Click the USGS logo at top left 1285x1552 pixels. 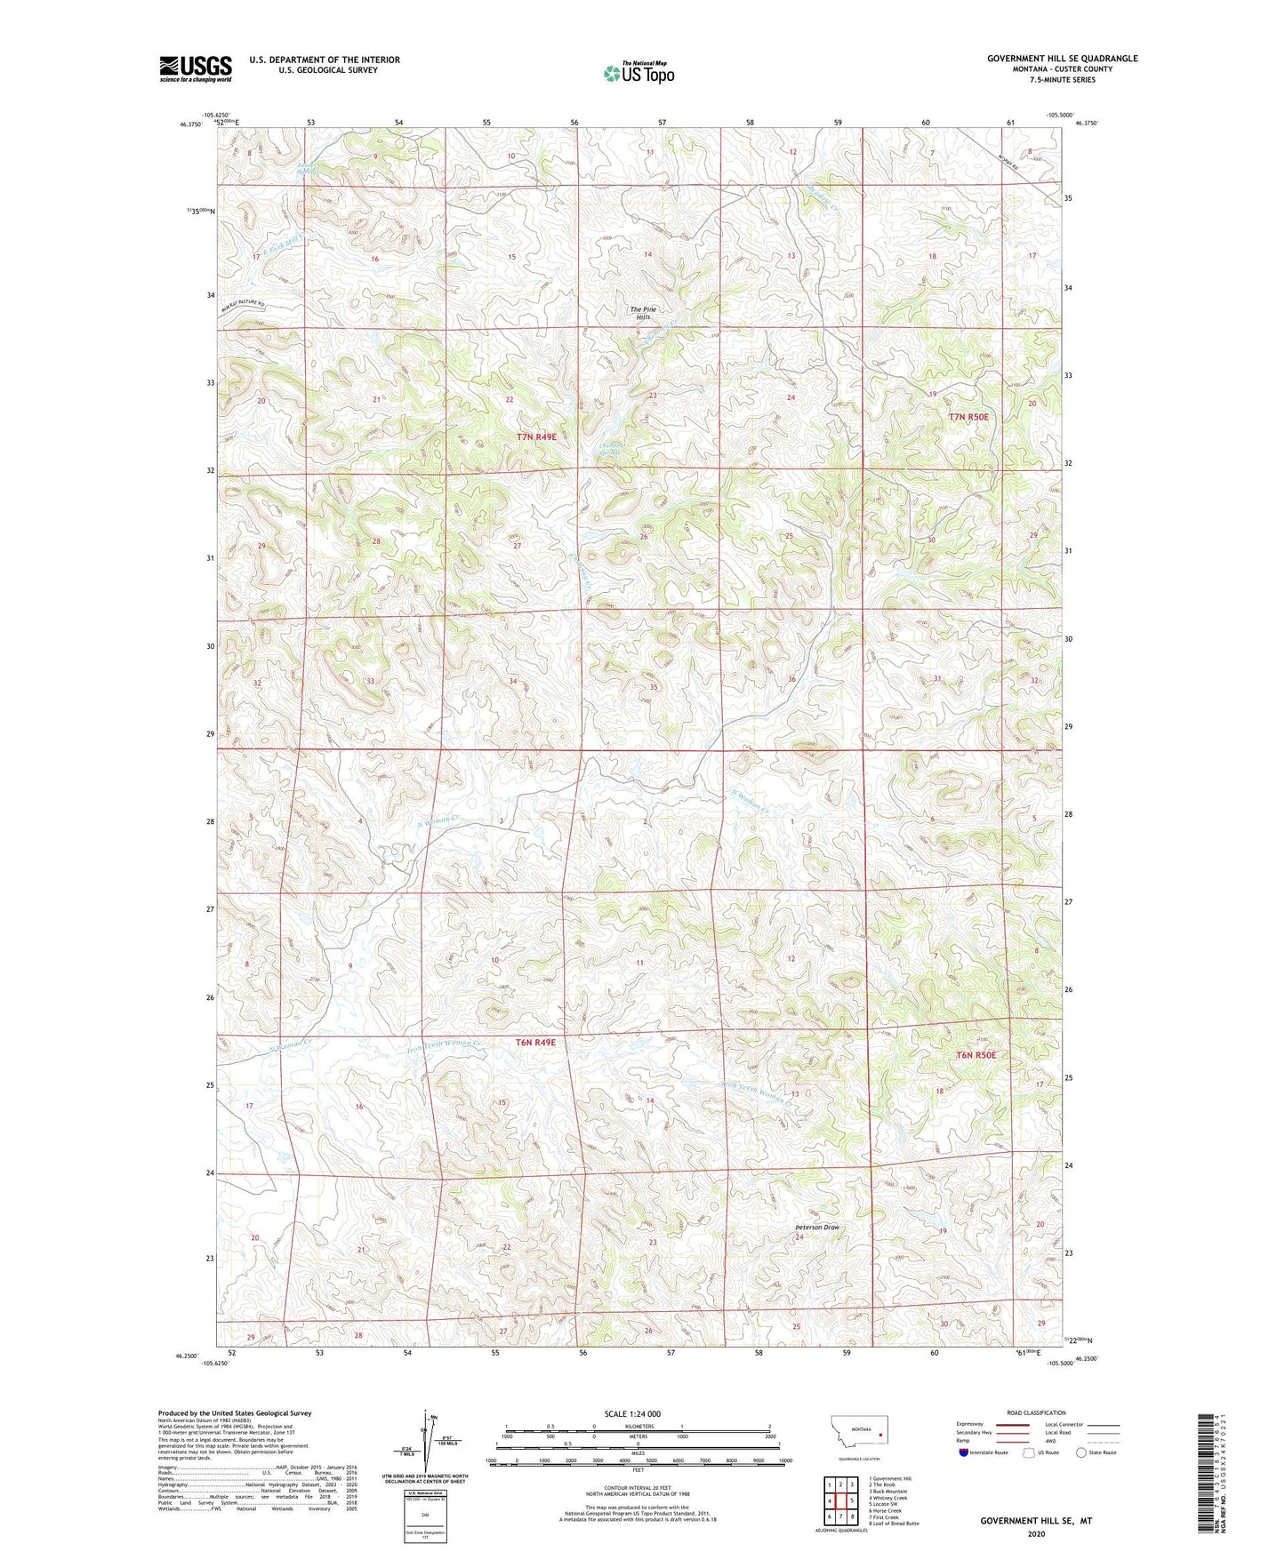click(x=195, y=68)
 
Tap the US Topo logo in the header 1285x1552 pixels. click(x=639, y=73)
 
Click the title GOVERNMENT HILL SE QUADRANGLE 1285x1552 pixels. click(x=1062, y=59)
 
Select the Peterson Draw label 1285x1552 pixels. click(x=817, y=1228)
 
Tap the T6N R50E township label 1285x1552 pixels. click(x=976, y=1055)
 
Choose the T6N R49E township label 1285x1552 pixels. click(x=535, y=1042)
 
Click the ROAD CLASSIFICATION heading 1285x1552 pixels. click(x=1036, y=1412)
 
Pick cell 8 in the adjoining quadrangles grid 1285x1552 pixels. click(x=852, y=1516)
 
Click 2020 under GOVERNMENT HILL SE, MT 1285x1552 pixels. click(x=1036, y=1533)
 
